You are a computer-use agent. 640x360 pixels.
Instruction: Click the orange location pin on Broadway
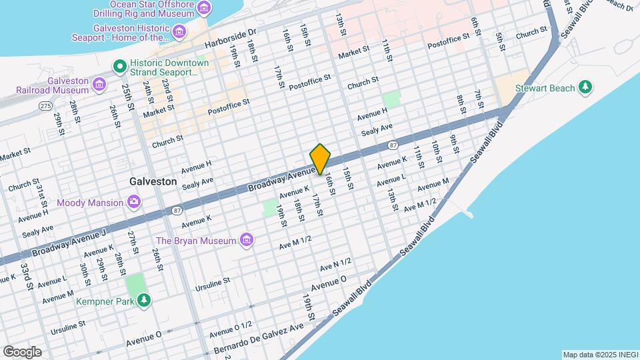pyautogui.click(x=320, y=159)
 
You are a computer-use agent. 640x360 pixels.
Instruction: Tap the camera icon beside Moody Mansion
pyautogui.click(x=134, y=202)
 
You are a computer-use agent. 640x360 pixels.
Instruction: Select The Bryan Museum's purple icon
pyautogui.click(x=247, y=240)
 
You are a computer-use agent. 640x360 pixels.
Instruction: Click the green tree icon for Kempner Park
pyautogui.click(x=143, y=301)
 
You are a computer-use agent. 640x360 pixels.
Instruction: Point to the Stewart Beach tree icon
pyautogui.click(x=585, y=87)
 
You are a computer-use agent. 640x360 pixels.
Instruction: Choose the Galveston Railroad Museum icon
pyautogui.click(x=99, y=83)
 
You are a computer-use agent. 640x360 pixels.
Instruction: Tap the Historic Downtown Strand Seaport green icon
pyautogui.click(x=119, y=66)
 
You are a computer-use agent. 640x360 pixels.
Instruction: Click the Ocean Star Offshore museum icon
pyautogui.click(x=205, y=9)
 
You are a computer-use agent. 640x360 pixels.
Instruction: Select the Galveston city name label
pyautogui.click(x=153, y=181)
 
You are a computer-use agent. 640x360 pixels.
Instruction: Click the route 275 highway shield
pyautogui.click(x=45, y=106)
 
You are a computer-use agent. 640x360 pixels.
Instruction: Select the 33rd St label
pyautogui.click(x=26, y=275)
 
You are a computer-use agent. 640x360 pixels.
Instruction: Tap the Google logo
pyautogui.click(x=22, y=351)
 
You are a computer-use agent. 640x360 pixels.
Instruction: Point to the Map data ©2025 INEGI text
pyautogui.click(x=599, y=355)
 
